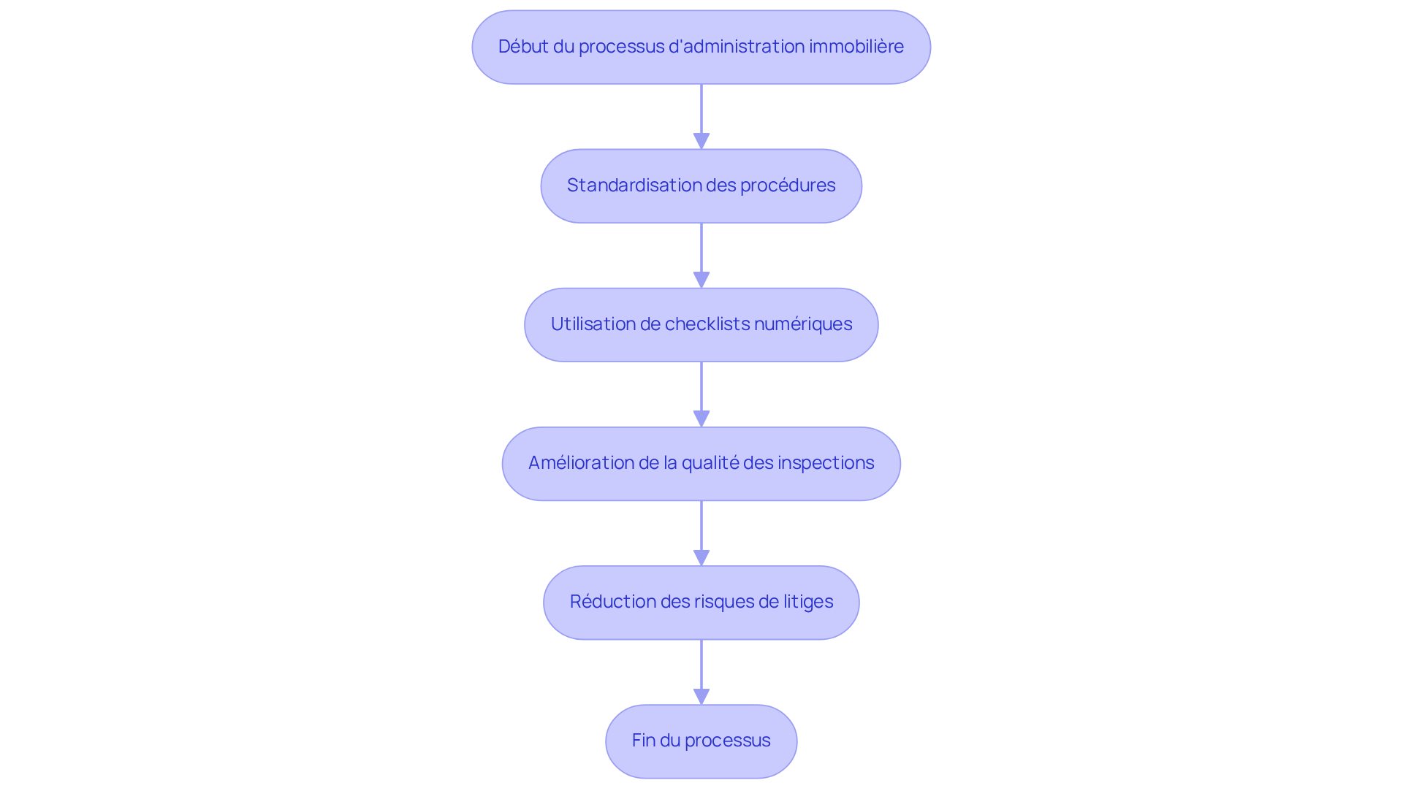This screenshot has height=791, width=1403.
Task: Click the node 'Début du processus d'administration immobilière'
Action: tap(701, 47)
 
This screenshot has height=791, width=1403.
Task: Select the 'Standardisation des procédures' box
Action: tap(701, 186)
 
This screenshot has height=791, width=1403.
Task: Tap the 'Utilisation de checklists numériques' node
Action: tap(701, 324)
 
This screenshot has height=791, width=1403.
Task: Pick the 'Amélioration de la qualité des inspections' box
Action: tap(701, 463)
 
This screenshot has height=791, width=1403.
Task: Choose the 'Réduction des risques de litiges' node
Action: tap(701, 602)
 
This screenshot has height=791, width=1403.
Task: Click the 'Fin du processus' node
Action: tap(701, 741)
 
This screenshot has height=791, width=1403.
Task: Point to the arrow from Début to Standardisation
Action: tap(701, 117)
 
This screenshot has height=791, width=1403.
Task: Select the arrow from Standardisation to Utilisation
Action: tap(701, 256)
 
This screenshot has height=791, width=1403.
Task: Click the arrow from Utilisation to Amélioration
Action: tap(701, 394)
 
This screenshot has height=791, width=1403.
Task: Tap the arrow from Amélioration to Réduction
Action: tap(701, 533)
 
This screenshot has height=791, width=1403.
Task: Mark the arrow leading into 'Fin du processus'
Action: tap(701, 672)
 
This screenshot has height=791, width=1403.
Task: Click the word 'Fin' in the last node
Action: tap(644, 740)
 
